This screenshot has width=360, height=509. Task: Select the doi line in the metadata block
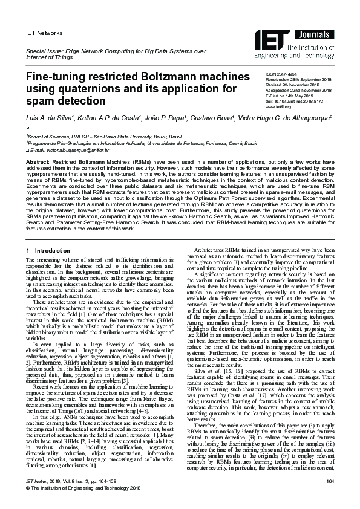tap(296, 101)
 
